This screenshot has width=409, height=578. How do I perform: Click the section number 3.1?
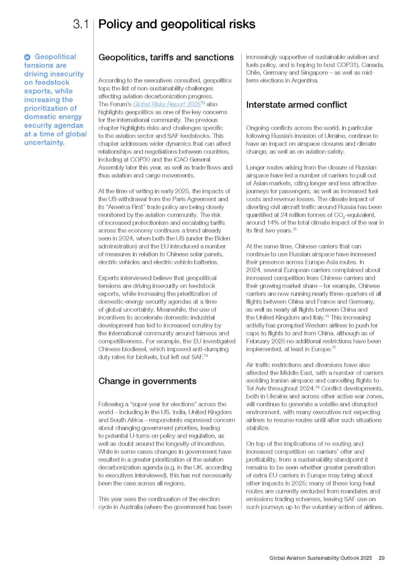81,24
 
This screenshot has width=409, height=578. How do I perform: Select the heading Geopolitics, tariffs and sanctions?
166,58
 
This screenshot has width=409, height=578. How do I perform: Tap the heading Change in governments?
147,381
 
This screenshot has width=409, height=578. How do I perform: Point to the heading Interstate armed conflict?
297,105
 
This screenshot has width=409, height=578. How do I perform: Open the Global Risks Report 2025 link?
167,104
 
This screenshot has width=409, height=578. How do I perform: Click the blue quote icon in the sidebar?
27,57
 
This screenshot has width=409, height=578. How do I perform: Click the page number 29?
382,558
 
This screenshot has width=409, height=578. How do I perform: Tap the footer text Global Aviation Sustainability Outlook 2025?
320,558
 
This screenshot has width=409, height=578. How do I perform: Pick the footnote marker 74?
206,356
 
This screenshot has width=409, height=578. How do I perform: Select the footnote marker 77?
334,348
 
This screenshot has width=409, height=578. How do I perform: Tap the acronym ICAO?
182,160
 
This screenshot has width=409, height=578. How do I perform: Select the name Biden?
222,238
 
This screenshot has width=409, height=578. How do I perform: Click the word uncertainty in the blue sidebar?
44,143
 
